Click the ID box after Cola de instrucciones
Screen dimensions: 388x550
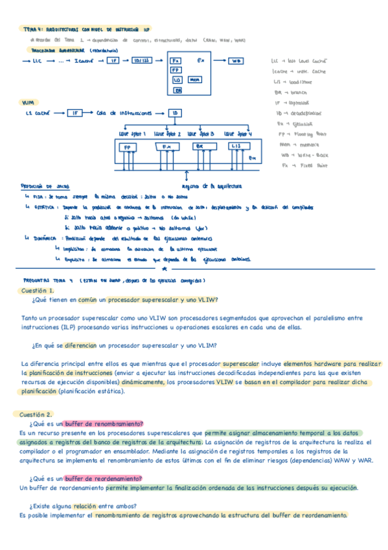[175, 113]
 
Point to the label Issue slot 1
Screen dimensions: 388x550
[132, 134]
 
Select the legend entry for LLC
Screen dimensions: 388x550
[295, 60]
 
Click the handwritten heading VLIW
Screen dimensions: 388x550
[28, 102]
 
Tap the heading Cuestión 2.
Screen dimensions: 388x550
[37, 414]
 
